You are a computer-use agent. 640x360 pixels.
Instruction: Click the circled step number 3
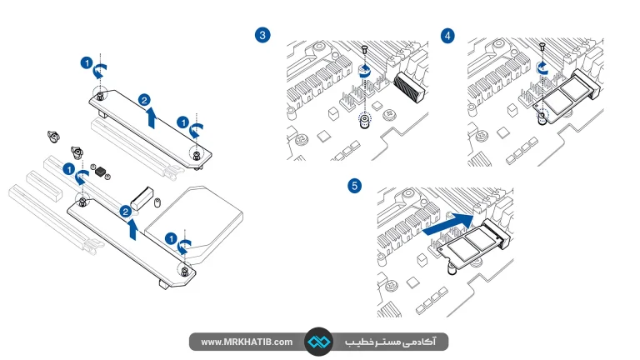262,35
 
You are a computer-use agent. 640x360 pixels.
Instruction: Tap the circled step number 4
447,36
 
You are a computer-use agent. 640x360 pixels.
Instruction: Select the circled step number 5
354,186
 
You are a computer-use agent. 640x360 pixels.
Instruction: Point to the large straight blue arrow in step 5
448,224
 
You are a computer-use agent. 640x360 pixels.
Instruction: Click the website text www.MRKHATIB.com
247,342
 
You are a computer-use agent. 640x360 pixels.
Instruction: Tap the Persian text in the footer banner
391,342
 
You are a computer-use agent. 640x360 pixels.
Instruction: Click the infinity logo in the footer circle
319,342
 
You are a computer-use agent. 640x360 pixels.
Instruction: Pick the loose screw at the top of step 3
365,49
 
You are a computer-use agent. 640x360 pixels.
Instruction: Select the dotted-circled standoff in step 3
365,120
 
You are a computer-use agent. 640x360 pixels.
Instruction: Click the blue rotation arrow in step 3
364,71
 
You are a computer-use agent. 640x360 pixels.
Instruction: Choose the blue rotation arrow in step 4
542,67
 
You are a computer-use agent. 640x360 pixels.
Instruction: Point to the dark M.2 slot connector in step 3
410,87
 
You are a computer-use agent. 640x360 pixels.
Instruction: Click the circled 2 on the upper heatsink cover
144,100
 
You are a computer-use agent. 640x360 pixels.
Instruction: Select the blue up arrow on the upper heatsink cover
152,117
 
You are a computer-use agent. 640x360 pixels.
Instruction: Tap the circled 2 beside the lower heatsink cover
125,212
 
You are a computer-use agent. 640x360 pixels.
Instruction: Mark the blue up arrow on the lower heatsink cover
132,229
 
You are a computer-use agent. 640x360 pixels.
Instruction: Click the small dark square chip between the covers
100,172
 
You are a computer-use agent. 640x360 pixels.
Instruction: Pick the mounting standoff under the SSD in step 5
452,269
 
